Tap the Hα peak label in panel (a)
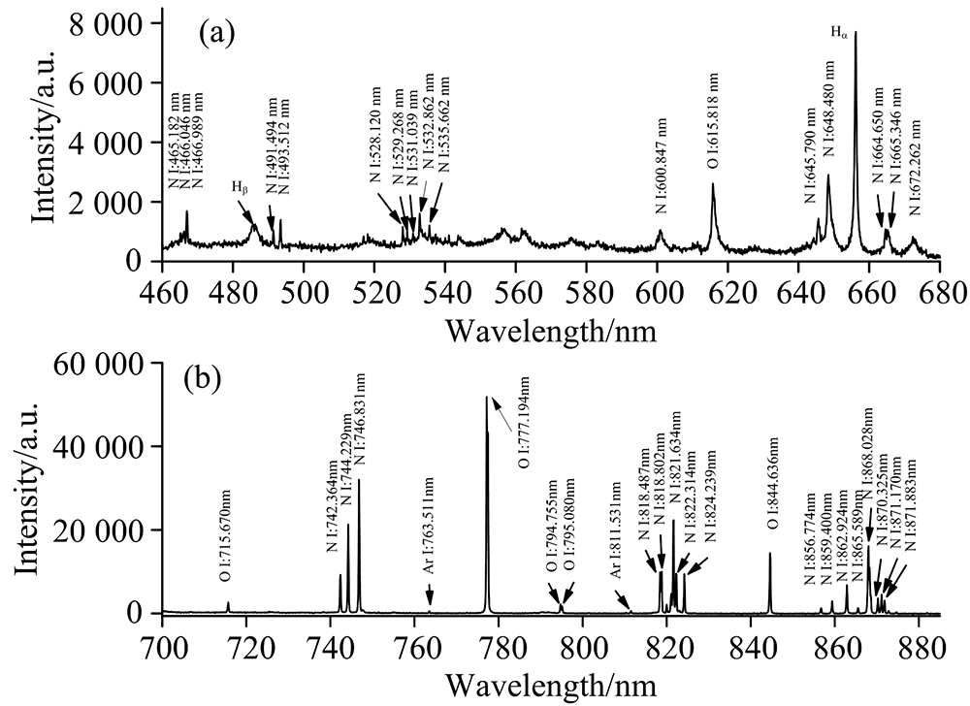pos(840,32)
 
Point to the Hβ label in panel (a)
pos(238,186)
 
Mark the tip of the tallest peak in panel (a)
pos(856,32)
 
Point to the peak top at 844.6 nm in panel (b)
pos(770,554)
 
